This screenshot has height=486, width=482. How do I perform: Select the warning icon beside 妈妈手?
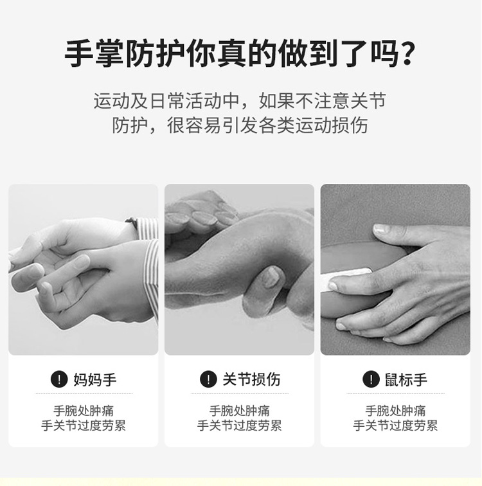[x=59, y=379]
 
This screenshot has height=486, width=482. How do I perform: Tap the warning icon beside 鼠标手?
[x=370, y=379]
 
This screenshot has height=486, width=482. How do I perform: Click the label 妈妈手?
[x=94, y=379]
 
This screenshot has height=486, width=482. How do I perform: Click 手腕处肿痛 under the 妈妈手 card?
[x=84, y=410]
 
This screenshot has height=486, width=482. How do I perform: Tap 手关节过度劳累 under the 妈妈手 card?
[x=84, y=426]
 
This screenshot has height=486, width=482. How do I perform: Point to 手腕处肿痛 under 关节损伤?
[x=239, y=410]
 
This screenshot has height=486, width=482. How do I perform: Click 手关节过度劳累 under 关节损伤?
[x=239, y=426]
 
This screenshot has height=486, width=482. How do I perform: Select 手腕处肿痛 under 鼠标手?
[x=395, y=410]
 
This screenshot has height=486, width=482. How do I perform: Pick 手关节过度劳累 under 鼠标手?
[x=395, y=426]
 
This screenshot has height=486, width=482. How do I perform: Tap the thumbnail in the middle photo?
[x=272, y=278]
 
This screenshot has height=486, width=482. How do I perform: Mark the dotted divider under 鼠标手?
[x=395, y=393]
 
